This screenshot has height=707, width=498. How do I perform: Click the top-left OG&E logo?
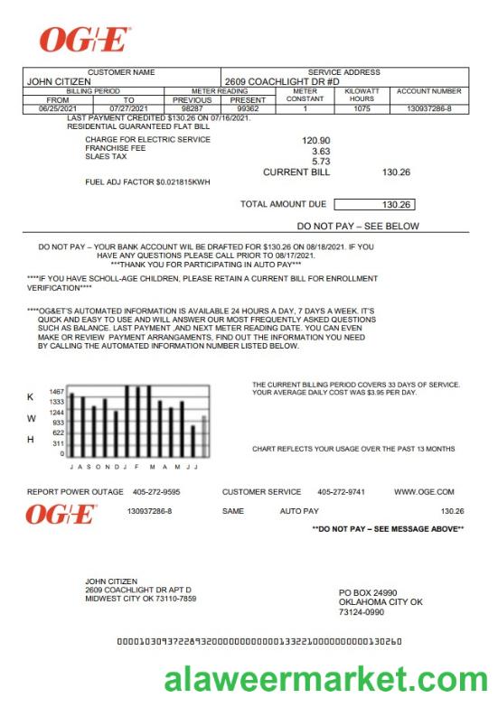[x=85, y=40]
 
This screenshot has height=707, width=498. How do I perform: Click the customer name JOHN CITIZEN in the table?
[x=59, y=81]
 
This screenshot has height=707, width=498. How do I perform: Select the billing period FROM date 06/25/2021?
[x=58, y=108]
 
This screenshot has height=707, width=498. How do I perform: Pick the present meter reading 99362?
[x=248, y=108]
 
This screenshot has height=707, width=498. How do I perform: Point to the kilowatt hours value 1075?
[x=362, y=108]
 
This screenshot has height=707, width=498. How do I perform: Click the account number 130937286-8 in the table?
[x=429, y=108]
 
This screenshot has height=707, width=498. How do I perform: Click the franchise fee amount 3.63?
[x=321, y=151]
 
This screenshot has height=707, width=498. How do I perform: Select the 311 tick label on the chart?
[x=58, y=443]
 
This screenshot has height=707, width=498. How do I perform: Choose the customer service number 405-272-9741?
[x=341, y=492]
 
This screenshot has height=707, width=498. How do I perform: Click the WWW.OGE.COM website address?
[x=423, y=492]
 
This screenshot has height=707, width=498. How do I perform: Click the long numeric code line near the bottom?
[x=259, y=642]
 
